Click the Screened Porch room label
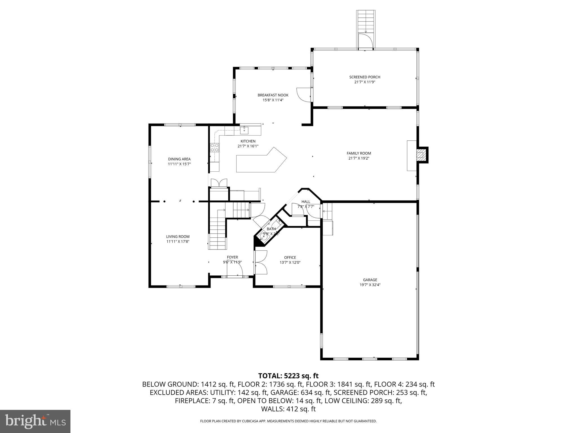click(x=365, y=77)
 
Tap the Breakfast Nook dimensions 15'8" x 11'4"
click(x=273, y=100)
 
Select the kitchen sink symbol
click(x=244, y=131)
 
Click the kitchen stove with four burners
click(x=215, y=147)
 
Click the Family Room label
click(x=359, y=153)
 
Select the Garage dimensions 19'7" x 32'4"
click(x=370, y=285)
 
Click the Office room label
click(x=290, y=257)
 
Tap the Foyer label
click(x=232, y=257)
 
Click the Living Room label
click(x=178, y=237)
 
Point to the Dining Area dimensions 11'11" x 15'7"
click(x=179, y=164)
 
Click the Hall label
click(x=306, y=202)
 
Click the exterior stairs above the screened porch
click(x=366, y=21)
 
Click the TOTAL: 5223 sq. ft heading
click(x=288, y=376)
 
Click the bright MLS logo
click(x=35, y=421)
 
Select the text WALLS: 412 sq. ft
click(x=288, y=409)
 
